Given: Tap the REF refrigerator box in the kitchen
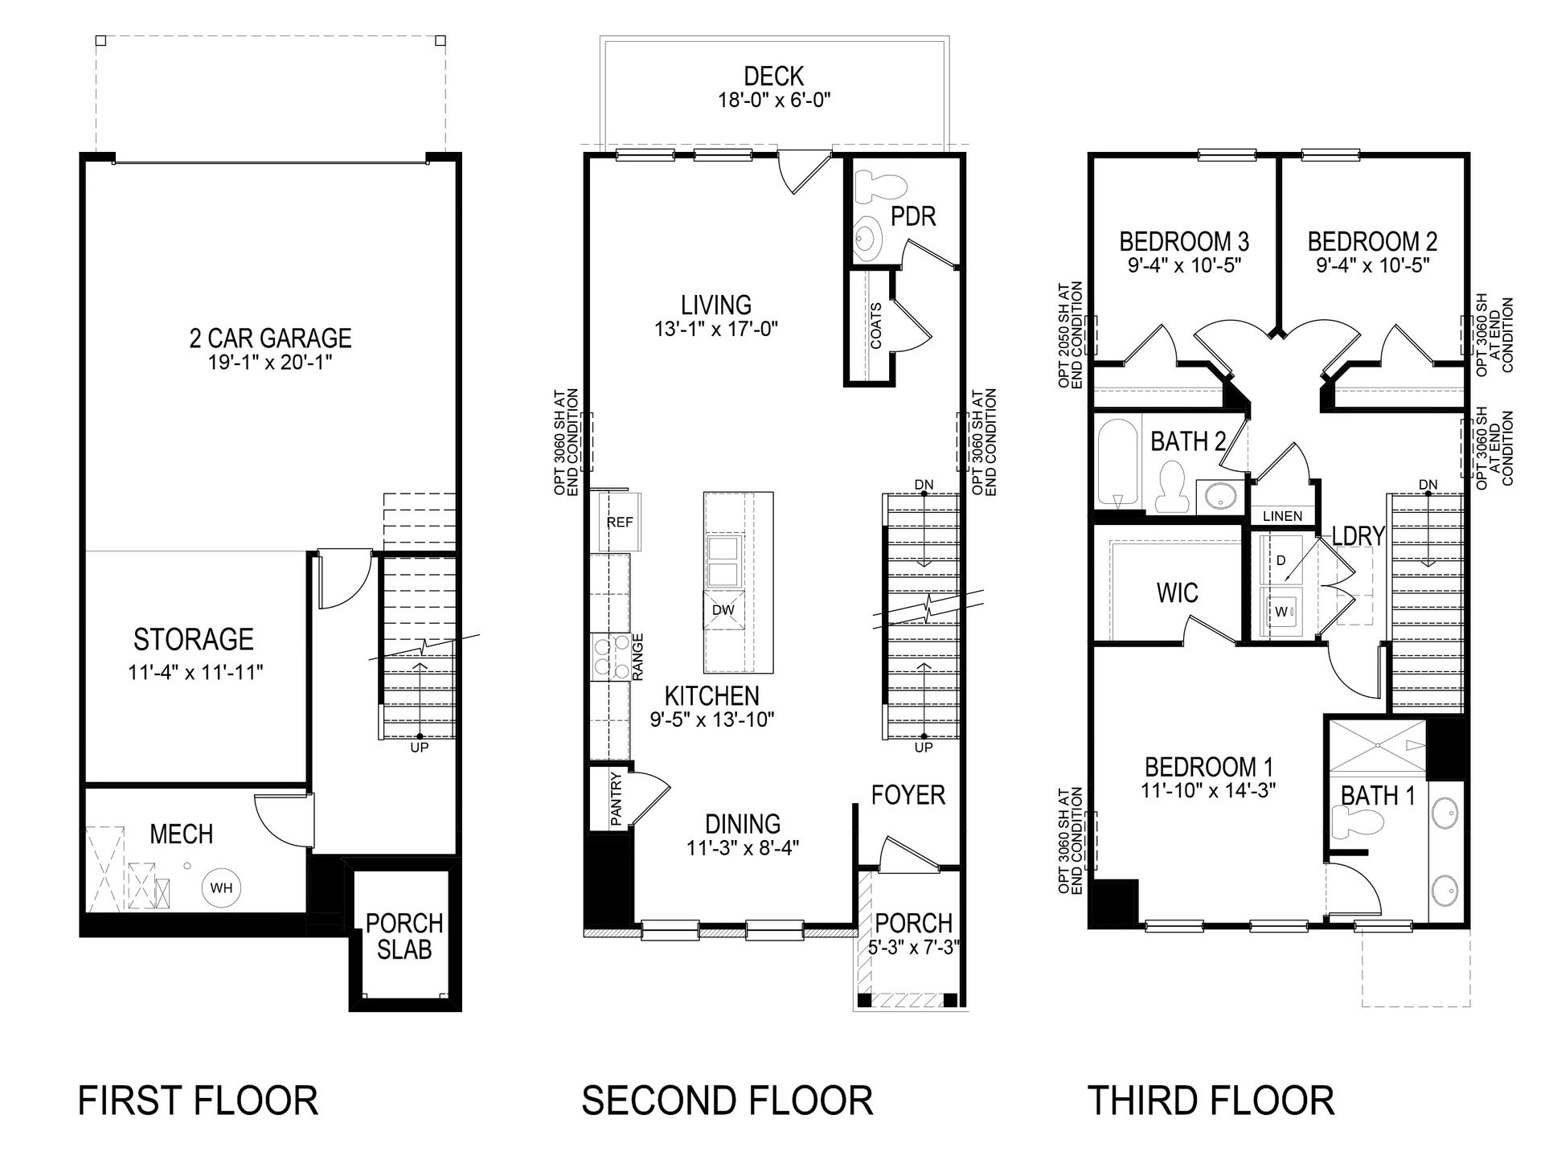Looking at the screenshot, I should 620,523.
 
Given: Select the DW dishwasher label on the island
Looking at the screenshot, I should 723,610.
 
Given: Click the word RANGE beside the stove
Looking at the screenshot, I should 639,658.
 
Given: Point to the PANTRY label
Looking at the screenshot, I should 617,799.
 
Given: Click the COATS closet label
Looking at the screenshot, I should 875,326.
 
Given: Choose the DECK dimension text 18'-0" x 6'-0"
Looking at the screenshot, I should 773,100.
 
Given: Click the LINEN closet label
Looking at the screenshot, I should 1282,516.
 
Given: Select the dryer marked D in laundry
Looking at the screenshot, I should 1281,561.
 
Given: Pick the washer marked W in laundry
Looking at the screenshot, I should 1281,613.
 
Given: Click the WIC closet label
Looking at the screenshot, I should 1177,593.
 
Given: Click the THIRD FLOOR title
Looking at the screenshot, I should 1211,1100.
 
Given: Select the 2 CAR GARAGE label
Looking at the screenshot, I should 270,338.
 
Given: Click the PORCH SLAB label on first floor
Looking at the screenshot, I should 404,937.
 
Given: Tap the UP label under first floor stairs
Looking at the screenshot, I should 419,748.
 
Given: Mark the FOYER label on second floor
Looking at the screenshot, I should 908,795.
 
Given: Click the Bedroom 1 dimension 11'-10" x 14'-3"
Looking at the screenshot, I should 1208,791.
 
